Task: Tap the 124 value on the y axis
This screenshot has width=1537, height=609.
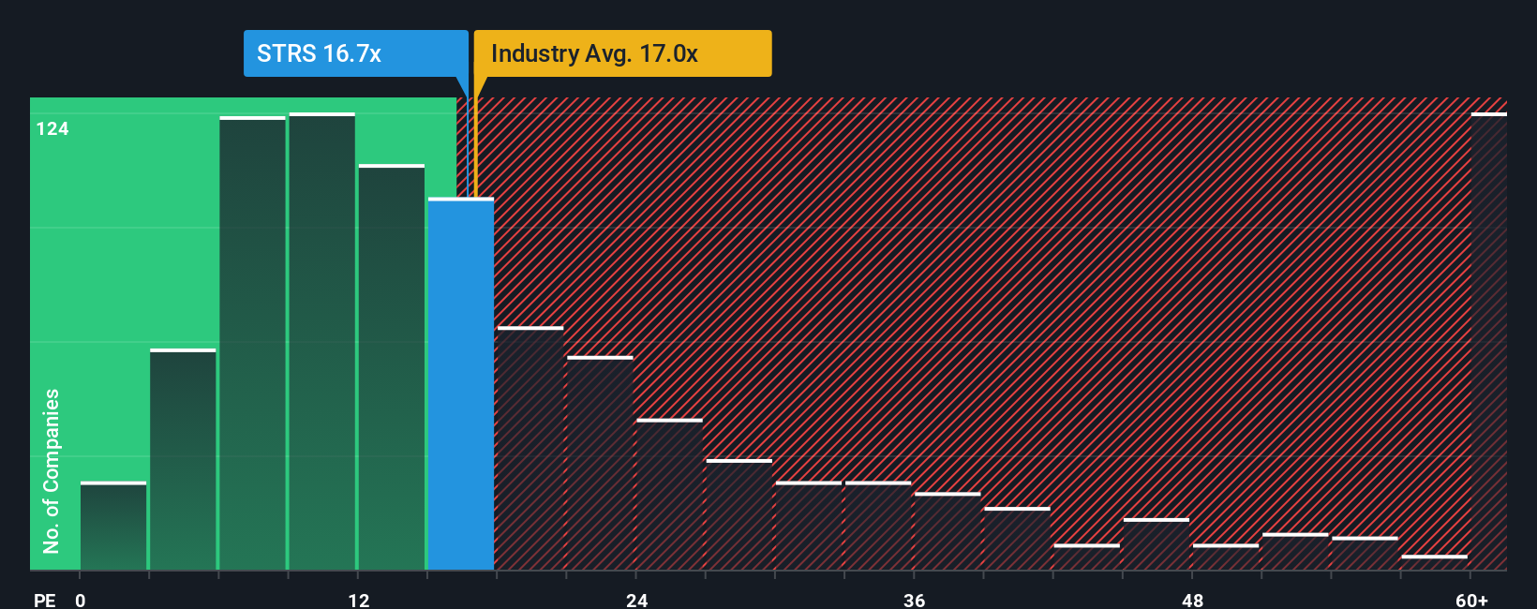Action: (x=52, y=129)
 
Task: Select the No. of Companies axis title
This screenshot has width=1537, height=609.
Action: (x=52, y=470)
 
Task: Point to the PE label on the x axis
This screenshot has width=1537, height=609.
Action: (x=44, y=600)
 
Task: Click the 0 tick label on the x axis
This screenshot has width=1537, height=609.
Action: (x=81, y=600)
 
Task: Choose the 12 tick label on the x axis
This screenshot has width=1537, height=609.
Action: (x=359, y=600)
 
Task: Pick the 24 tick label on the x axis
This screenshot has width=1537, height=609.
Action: (x=637, y=600)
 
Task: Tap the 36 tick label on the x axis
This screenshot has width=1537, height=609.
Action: (x=915, y=600)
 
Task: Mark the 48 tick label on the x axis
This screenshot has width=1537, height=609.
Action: (x=1192, y=600)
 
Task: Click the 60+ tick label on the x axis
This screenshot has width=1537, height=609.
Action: (x=1471, y=600)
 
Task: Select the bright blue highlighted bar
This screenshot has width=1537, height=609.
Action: (x=461, y=384)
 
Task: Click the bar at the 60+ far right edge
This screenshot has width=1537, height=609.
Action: (x=1488, y=342)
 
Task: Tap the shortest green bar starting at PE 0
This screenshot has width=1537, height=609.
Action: (x=113, y=527)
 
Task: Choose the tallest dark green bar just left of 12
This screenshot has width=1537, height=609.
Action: (x=322, y=342)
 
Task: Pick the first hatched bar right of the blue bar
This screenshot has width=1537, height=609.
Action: (x=530, y=449)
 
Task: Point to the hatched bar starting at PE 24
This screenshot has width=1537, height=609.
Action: (x=669, y=495)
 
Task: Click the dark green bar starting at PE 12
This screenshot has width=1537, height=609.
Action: (x=392, y=367)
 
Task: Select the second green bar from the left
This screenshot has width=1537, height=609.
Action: (x=183, y=460)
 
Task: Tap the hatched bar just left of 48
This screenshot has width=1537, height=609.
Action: (x=1156, y=544)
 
